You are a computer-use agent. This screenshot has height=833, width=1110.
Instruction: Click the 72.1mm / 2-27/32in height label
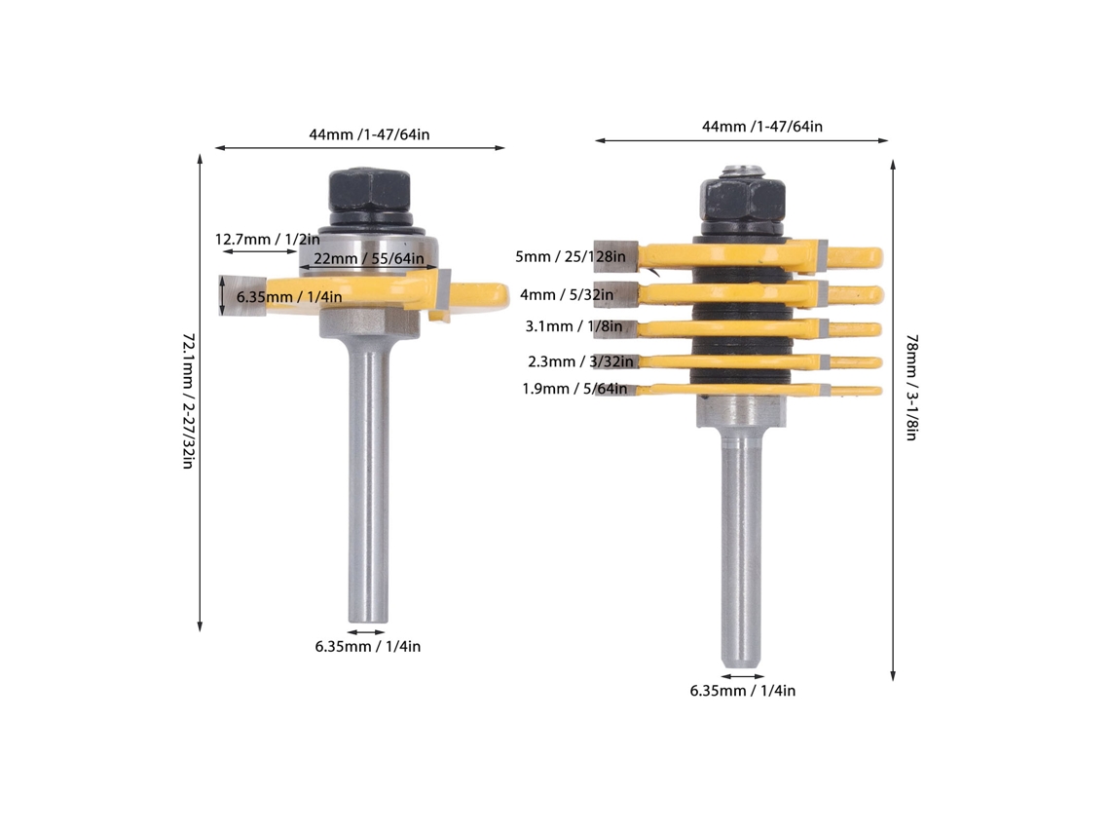tap(188, 400)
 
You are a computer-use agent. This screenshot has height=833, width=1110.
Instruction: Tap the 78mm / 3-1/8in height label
tap(911, 388)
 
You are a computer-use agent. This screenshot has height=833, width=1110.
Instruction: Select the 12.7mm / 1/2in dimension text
tap(267, 240)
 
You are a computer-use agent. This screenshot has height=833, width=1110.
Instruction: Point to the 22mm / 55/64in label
tap(369, 258)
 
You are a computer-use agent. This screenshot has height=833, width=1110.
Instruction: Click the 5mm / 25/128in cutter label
tap(571, 256)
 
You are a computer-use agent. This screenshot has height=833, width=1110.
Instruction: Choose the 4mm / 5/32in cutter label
tap(567, 294)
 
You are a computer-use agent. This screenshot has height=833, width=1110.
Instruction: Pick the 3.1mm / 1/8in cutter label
tap(573, 326)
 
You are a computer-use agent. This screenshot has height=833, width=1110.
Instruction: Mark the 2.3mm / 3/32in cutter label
tap(580, 362)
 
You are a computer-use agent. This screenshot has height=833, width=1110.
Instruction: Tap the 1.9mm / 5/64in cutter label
tap(574, 389)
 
